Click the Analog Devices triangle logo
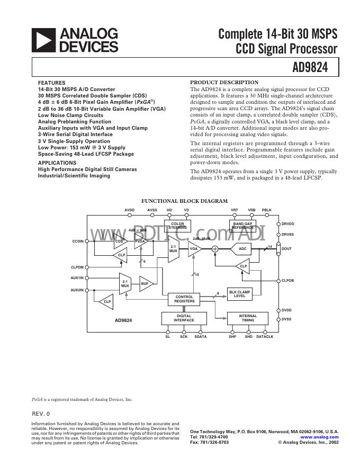click(x=43, y=40)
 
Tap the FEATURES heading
click(x=52, y=83)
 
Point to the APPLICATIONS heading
click(x=57, y=163)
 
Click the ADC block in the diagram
click(x=242, y=248)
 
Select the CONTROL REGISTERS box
click(x=184, y=299)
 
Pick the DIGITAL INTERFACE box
click(x=184, y=318)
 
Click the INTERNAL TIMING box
click(x=248, y=318)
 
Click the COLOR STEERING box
click(x=177, y=226)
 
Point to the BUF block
click(x=145, y=284)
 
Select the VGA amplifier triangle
click(x=194, y=248)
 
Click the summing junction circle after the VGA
click(x=215, y=248)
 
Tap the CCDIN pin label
click(x=78, y=241)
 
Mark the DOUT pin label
click(x=286, y=248)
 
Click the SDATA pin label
click(x=201, y=337)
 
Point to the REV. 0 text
click(x=40, y=413)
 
